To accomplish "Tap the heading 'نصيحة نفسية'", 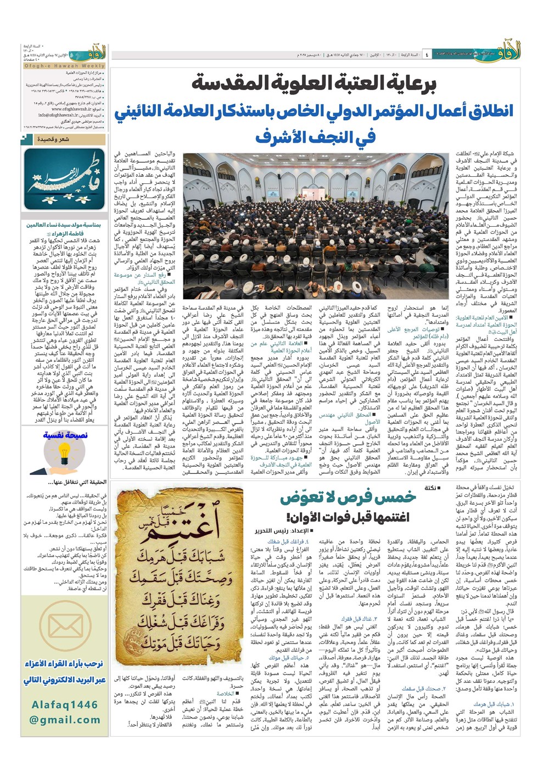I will coord(65,435).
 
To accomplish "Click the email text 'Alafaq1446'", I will coord(64,704).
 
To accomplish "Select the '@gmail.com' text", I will coord(64,720).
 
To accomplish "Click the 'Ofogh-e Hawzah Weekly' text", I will coord(64,66).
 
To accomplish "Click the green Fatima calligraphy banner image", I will coord(64,179).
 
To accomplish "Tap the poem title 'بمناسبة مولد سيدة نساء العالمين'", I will coord(64,225).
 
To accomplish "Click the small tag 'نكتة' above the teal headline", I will coord(431,488).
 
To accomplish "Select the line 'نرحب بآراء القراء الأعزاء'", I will coord(64,664).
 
